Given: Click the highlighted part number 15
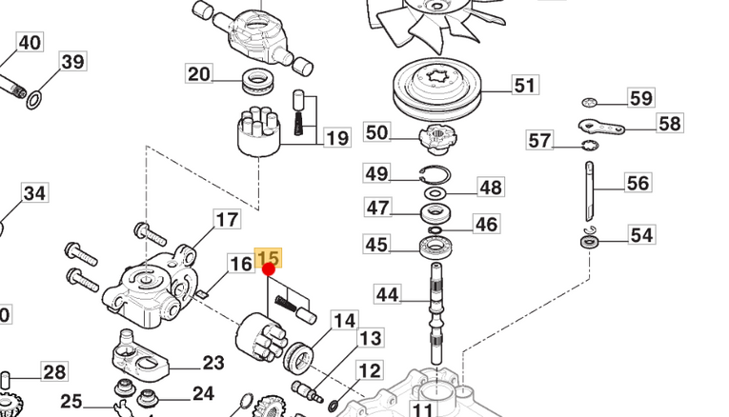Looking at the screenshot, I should [269, 258].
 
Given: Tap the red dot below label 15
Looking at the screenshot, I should [269, 269].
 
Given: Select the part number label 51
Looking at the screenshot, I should [525, 86].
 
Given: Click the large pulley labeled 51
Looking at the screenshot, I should [439, 91].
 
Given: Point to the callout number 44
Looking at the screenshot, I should [387, 295].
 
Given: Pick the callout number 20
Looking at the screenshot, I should [199, 74].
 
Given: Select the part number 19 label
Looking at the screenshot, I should [336, 139].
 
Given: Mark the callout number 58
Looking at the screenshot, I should [670, 123].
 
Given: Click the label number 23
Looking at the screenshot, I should [213, 363].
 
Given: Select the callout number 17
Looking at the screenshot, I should [227, 221].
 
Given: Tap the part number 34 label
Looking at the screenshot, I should [34, 194].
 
